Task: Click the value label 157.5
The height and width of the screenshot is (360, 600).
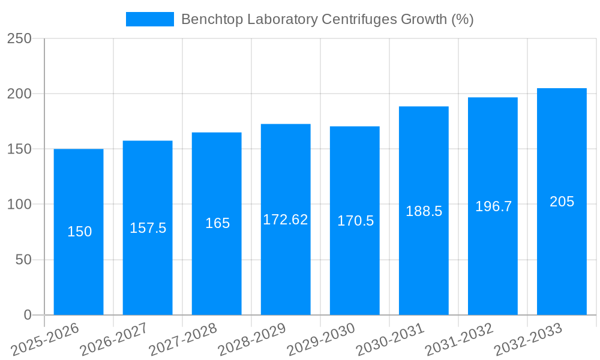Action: click(148, 228)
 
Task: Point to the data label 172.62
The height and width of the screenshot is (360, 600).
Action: click(286, 220)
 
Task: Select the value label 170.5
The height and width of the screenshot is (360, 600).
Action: click(355, 221)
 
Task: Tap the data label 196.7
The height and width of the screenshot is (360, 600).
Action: click(493, 206)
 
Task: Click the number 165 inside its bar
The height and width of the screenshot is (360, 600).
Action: click(217, 223)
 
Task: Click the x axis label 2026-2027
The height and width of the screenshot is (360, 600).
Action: click(114, 340)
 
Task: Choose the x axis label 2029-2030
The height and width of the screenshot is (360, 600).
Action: click(321, 340)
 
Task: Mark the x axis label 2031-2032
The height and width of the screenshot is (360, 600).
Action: click(459, 340)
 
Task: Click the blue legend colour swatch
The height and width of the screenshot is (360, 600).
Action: click(149, 19)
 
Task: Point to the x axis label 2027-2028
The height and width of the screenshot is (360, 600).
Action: click(183, 340)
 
